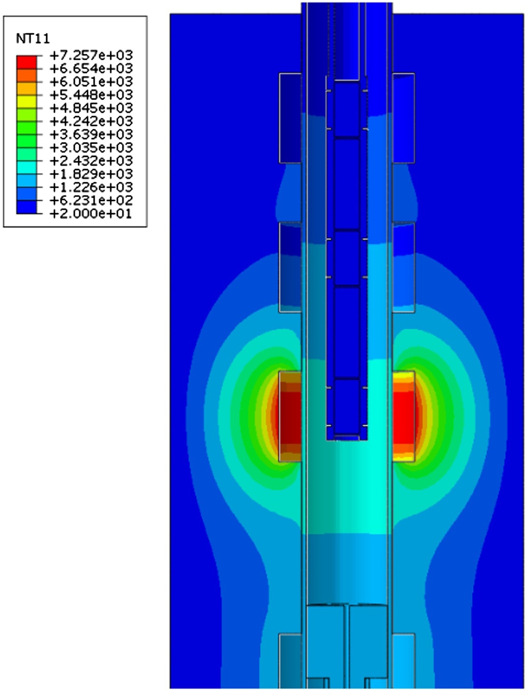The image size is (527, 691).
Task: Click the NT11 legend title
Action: (x=33, y=39)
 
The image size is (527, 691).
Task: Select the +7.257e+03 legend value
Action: (x=91, y=55)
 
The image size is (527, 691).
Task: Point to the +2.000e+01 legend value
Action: (x=91, y=214)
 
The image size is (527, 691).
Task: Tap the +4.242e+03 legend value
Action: (x=91, y=121)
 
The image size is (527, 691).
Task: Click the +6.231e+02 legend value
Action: (x=91, y=200)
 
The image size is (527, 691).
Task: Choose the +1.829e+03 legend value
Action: (x=91, y=174)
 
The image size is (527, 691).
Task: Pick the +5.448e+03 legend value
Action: (x=91, y=94)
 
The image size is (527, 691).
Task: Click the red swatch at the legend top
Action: (x=27, y=62)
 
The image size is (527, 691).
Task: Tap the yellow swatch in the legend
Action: (x=27, y=102)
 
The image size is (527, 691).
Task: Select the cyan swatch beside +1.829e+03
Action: (x=27, y=168)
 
